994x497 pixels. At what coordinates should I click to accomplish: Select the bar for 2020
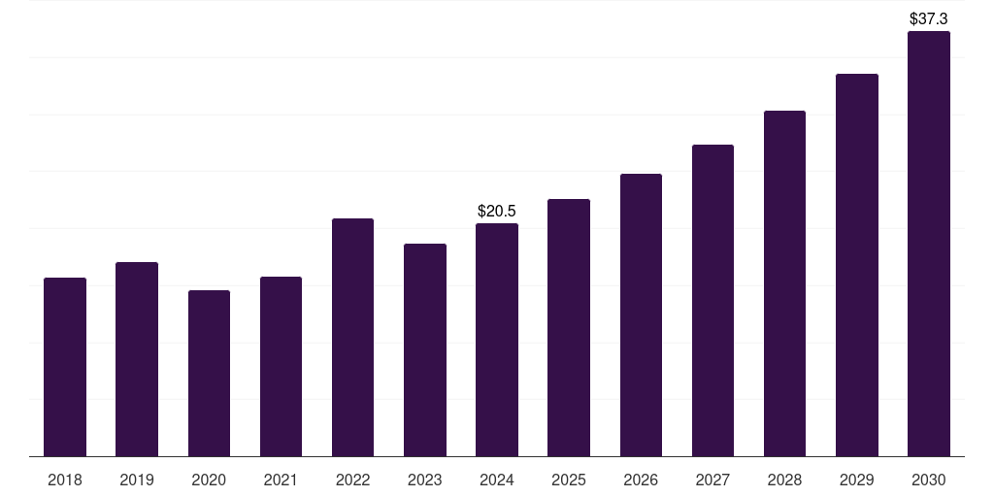tap(209, 374)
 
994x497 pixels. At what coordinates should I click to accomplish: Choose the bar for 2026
tap(641, 315)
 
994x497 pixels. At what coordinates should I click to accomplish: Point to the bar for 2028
tap(784, 283)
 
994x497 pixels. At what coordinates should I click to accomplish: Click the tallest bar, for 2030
tap(929, 244)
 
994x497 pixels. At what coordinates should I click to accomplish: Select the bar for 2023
tap(425, 350)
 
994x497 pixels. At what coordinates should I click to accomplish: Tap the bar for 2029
tap(857, 265)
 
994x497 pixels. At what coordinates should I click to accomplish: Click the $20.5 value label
tap(497, 211)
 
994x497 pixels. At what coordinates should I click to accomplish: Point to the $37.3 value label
tap(929, 18)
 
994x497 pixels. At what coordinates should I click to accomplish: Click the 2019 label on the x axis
tap(137, 480)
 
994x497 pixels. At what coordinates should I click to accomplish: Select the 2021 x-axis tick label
tap(281, 480)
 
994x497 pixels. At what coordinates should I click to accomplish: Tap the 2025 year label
tap(569, 480)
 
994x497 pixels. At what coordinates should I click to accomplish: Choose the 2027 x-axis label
tap(712, 480)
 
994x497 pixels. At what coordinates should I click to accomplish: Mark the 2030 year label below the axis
tap(929, 480)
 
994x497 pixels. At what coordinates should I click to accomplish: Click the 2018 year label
tap(65, 480)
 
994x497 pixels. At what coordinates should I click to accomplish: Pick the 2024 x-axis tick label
tap(497, 480)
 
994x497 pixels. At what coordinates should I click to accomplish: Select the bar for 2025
tap(569, 328)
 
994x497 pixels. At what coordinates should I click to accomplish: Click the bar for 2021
tap(281, 367)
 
